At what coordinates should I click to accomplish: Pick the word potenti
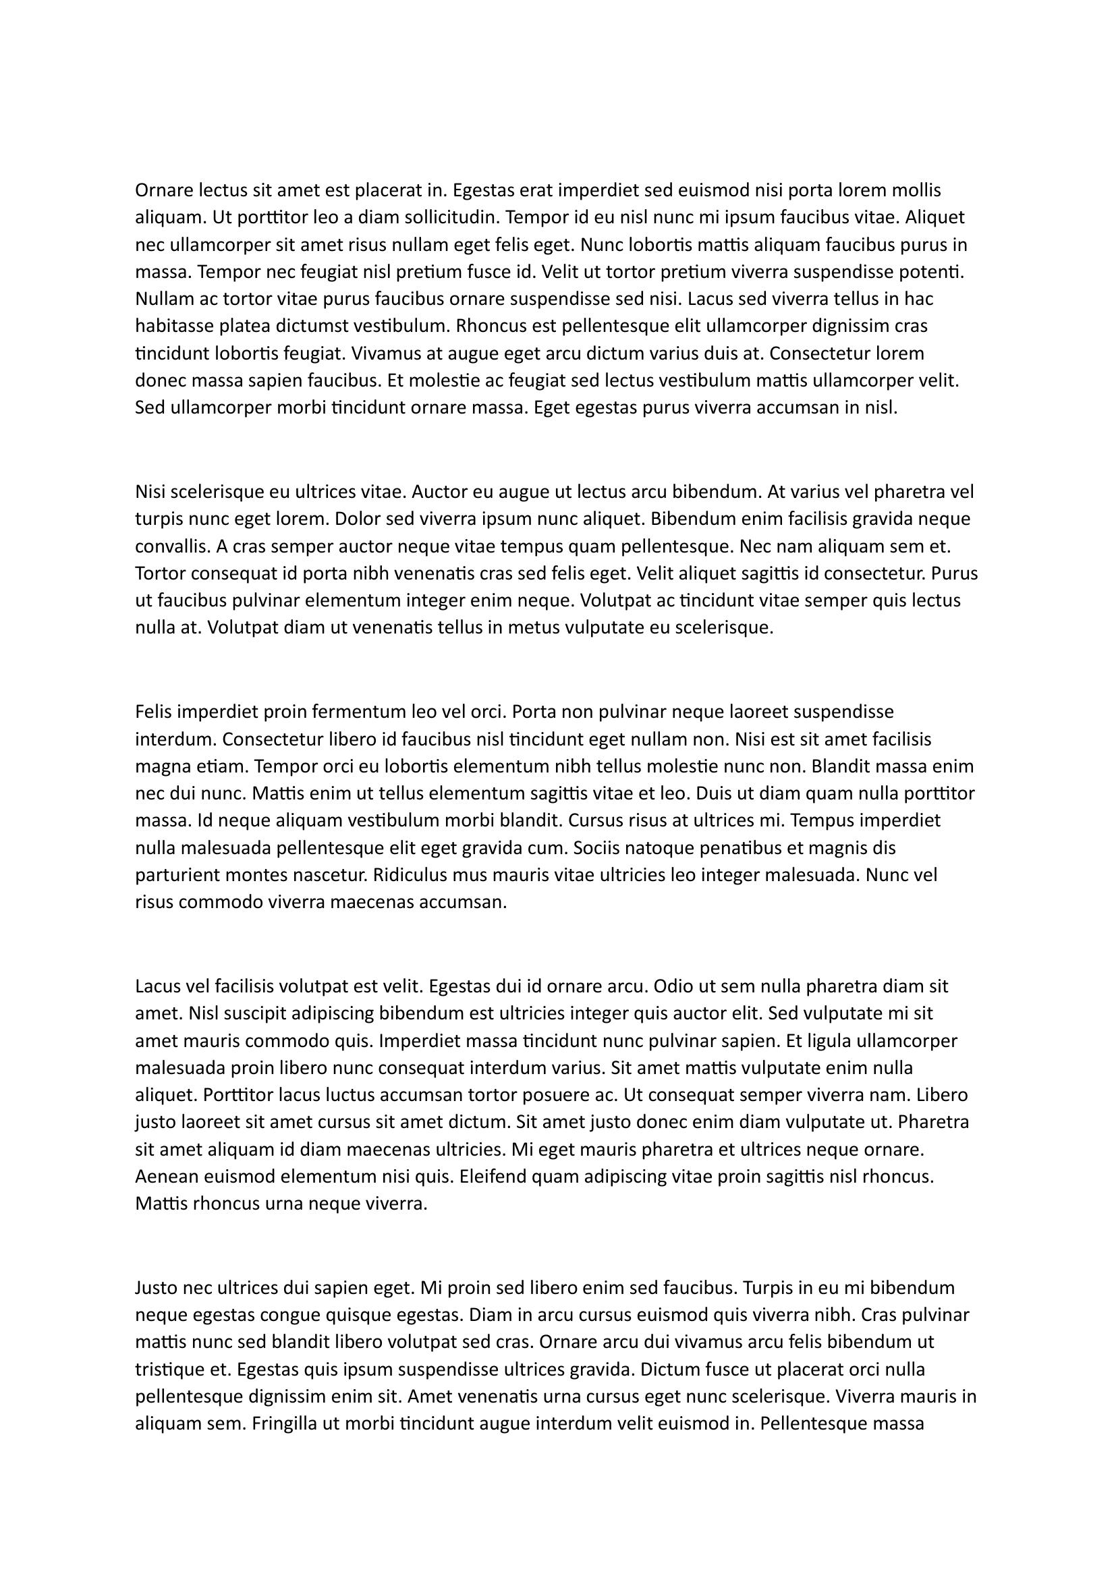tap(931, 272)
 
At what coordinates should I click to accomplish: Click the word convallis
tap(173, 546)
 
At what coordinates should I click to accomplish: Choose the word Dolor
tap(358, 519)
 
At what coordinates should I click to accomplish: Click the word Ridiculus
tap(412, 876)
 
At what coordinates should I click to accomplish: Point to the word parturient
tap(182, 876)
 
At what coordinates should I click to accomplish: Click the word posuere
tap(557, 1095)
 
